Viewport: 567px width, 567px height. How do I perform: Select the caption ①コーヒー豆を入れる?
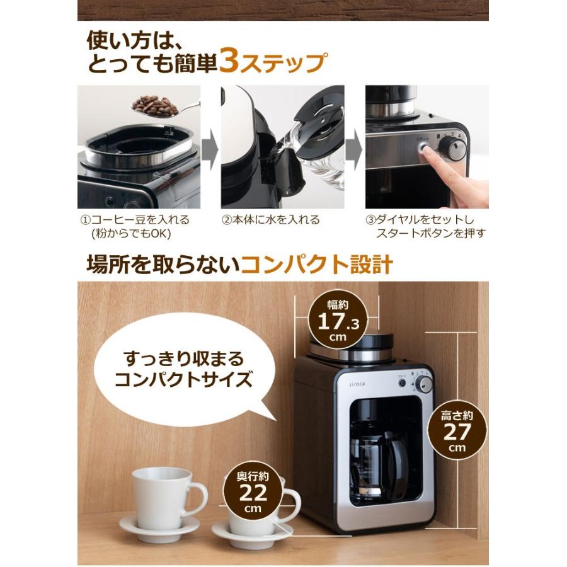pyautogui.click(x=135, y=220)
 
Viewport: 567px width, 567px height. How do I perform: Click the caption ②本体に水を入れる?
pyautogui.click(x=271, y=220)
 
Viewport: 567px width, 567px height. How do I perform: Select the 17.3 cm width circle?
pyautogui.click(x=341, y=323)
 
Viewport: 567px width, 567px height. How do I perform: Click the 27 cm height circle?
pyautogui.click(x=457, y=432)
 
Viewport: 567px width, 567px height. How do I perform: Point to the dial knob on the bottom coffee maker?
pyautogui.click(x=424, y=384)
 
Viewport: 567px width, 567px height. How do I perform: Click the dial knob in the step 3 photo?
pyautogui.click(x=452, y=149)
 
